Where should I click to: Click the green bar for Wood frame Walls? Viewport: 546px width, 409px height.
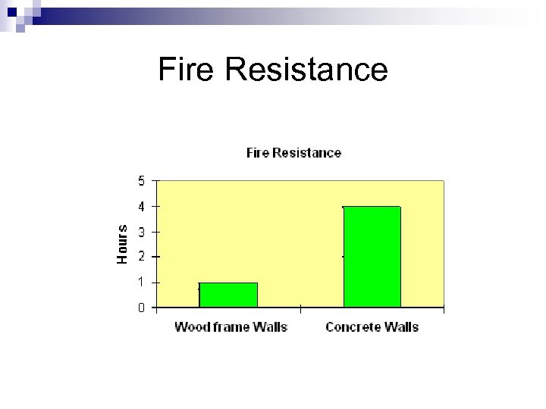tap(228, 295)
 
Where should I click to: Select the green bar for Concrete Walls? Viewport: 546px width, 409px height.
tap(372, 257)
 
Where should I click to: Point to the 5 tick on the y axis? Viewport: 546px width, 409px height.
tap(142, 180)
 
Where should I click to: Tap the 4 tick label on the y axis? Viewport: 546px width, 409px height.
tap(142, 206)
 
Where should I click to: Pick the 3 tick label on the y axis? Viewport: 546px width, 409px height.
tap(142, 232)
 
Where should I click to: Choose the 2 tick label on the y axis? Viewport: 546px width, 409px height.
tap(142, 257)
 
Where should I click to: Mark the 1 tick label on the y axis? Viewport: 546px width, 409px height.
tap(142, 283)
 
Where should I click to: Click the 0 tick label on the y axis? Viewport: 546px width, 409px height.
tap(142, 308)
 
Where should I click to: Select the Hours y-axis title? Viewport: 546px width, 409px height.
tap(122, 244)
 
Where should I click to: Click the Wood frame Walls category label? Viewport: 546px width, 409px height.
tap(231, 327)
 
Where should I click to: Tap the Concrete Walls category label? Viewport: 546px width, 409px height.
tap(372, 327)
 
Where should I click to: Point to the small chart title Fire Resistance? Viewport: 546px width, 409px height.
tap(293, 153)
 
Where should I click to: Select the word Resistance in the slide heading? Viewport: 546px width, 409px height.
tap(306, 70)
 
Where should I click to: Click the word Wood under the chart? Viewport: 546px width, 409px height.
tap(192, 327)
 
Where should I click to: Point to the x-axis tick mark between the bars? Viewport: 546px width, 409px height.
tap(300, 308)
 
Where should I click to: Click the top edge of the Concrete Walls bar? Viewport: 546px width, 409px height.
tap(372, 206)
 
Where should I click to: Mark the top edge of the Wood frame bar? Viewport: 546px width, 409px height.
tap(228, 283)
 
